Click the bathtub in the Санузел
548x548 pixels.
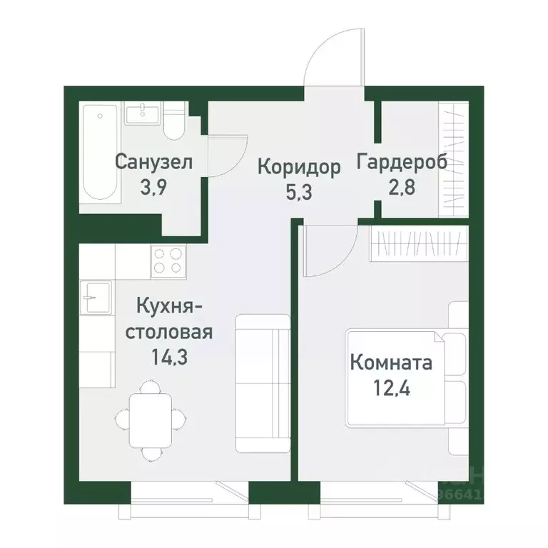(99, 153)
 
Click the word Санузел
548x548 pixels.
(153, 162)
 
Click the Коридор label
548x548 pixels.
(299, 167)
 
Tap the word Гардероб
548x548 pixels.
(402, 162)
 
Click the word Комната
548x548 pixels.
(391, 363)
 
